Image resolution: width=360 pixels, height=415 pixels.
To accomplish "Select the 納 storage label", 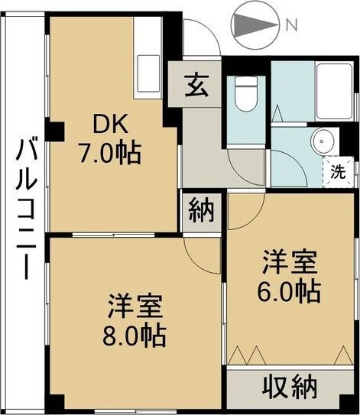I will [202, 209].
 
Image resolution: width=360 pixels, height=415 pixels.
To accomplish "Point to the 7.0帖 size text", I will [110, 154].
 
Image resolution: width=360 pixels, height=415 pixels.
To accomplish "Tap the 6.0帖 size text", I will [289, 290].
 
